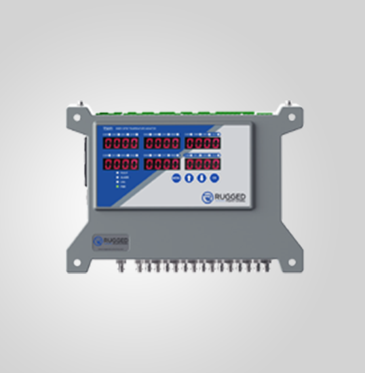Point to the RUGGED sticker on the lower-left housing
click(x=111, y=241)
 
